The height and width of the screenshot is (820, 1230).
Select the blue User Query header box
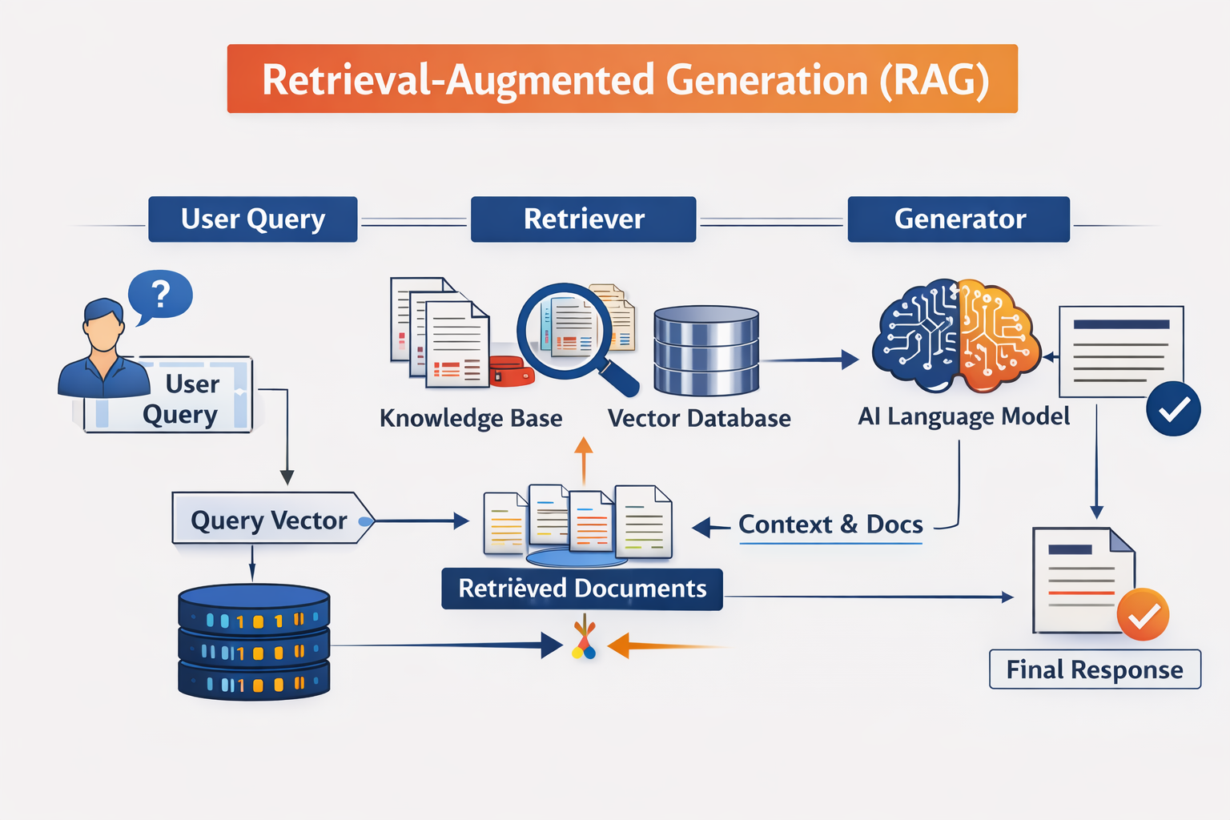point(253,219)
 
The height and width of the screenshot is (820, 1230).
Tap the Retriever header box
point(583,219)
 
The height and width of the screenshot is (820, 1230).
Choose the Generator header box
point(959,219)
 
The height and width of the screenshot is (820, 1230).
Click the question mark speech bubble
point(161,295)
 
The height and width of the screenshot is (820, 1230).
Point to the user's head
point(103,324)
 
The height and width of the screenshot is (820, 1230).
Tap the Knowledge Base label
point(471,418)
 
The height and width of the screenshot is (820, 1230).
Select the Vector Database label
point(699,418)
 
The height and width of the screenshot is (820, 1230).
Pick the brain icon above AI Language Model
point(957,336)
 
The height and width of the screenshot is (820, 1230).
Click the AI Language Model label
point(964,416)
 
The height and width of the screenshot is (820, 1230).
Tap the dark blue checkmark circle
point(1173,409)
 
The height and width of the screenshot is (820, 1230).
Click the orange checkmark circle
point(1144,615)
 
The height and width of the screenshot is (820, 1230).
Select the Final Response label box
point(1095,669)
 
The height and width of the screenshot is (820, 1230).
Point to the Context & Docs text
point(830,525)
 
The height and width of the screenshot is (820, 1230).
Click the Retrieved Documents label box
point(582,589)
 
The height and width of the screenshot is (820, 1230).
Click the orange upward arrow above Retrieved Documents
point(584,460)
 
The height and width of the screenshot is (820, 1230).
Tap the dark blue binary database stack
point(254,642)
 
